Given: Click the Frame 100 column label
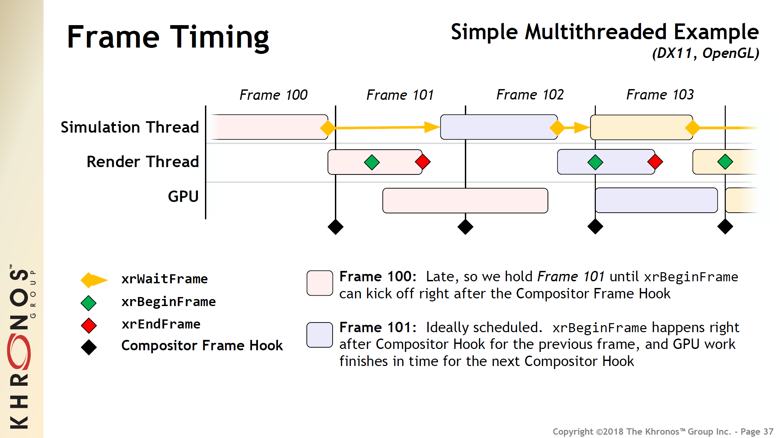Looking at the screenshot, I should coord(273,95).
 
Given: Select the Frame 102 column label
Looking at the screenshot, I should coord(530,95).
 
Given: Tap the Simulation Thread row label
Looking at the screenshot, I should coord(130,127).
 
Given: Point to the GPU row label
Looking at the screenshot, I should coord(183,196).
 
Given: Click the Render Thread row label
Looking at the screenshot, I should coord(143,162).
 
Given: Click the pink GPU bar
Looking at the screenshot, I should coord(465,201).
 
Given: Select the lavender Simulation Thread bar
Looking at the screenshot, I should coord(498,127).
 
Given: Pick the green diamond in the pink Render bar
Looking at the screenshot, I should coord(372,162).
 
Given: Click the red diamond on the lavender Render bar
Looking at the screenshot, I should coord(655,162).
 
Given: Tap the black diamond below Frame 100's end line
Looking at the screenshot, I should coord(335,227).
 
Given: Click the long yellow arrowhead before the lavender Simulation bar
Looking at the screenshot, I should coord(432,127).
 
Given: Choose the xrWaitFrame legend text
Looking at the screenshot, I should coord(164,279).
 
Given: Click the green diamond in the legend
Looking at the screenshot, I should coord(88,303).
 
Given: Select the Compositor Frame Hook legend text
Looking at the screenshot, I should coord(202,346).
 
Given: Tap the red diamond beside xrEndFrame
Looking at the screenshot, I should coord(89,325).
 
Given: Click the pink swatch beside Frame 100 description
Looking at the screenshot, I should coord(320,283).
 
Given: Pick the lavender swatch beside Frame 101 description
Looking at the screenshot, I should coord(320,335).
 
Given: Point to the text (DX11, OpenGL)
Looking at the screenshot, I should coord(705,53).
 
